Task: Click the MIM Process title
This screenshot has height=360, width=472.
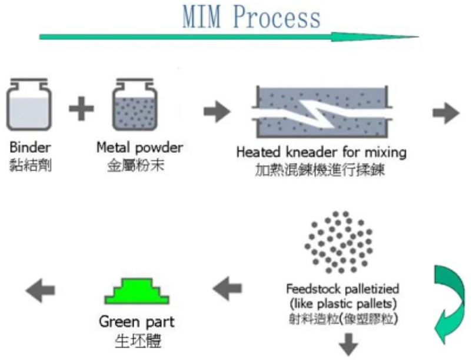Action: point(251,18)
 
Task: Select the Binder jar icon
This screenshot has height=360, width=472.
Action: point(29,104)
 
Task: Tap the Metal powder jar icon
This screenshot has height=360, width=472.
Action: point(135,104)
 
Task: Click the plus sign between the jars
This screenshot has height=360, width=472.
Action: point(81,109)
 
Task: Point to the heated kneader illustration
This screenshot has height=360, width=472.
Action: point(322,112)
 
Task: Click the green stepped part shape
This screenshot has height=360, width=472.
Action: point(137,291)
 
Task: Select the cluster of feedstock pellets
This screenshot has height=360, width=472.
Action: point(338,242)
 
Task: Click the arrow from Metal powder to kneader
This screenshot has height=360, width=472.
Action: point(217,111)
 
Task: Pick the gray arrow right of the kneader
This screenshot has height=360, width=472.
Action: point(446,113)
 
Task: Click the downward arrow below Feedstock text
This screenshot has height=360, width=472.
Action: point(348,344)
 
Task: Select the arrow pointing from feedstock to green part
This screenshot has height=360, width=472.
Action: point(227,288)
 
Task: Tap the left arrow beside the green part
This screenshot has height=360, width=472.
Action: point(41,291)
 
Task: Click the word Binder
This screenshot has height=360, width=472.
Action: point(30,148)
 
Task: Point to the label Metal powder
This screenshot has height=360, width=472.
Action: point(139,148)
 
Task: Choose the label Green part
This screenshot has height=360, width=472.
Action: point(137,322)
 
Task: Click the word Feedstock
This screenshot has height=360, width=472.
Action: point(313,289)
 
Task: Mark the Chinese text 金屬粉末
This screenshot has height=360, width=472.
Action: point(136,165)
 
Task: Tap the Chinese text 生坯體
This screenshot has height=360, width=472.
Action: point(138,341)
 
